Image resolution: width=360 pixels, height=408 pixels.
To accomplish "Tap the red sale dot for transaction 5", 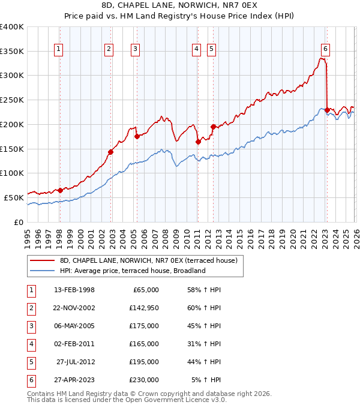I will [x=212, y=127].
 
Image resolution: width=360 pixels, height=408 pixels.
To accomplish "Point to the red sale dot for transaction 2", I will [x=110, y=152].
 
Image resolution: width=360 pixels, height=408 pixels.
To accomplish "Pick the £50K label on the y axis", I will [x=14, y=197].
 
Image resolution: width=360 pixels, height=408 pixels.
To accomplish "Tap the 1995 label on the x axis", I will [x=27, y=237].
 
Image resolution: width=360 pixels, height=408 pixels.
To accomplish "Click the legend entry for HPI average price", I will [x=133, y=271].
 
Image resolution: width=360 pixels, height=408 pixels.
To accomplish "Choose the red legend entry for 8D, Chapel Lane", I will [x=149, y=260].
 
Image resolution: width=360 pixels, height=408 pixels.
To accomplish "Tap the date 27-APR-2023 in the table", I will [x=74, y=380].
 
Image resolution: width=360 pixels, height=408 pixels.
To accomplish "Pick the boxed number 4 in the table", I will [x=30, y=344].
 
